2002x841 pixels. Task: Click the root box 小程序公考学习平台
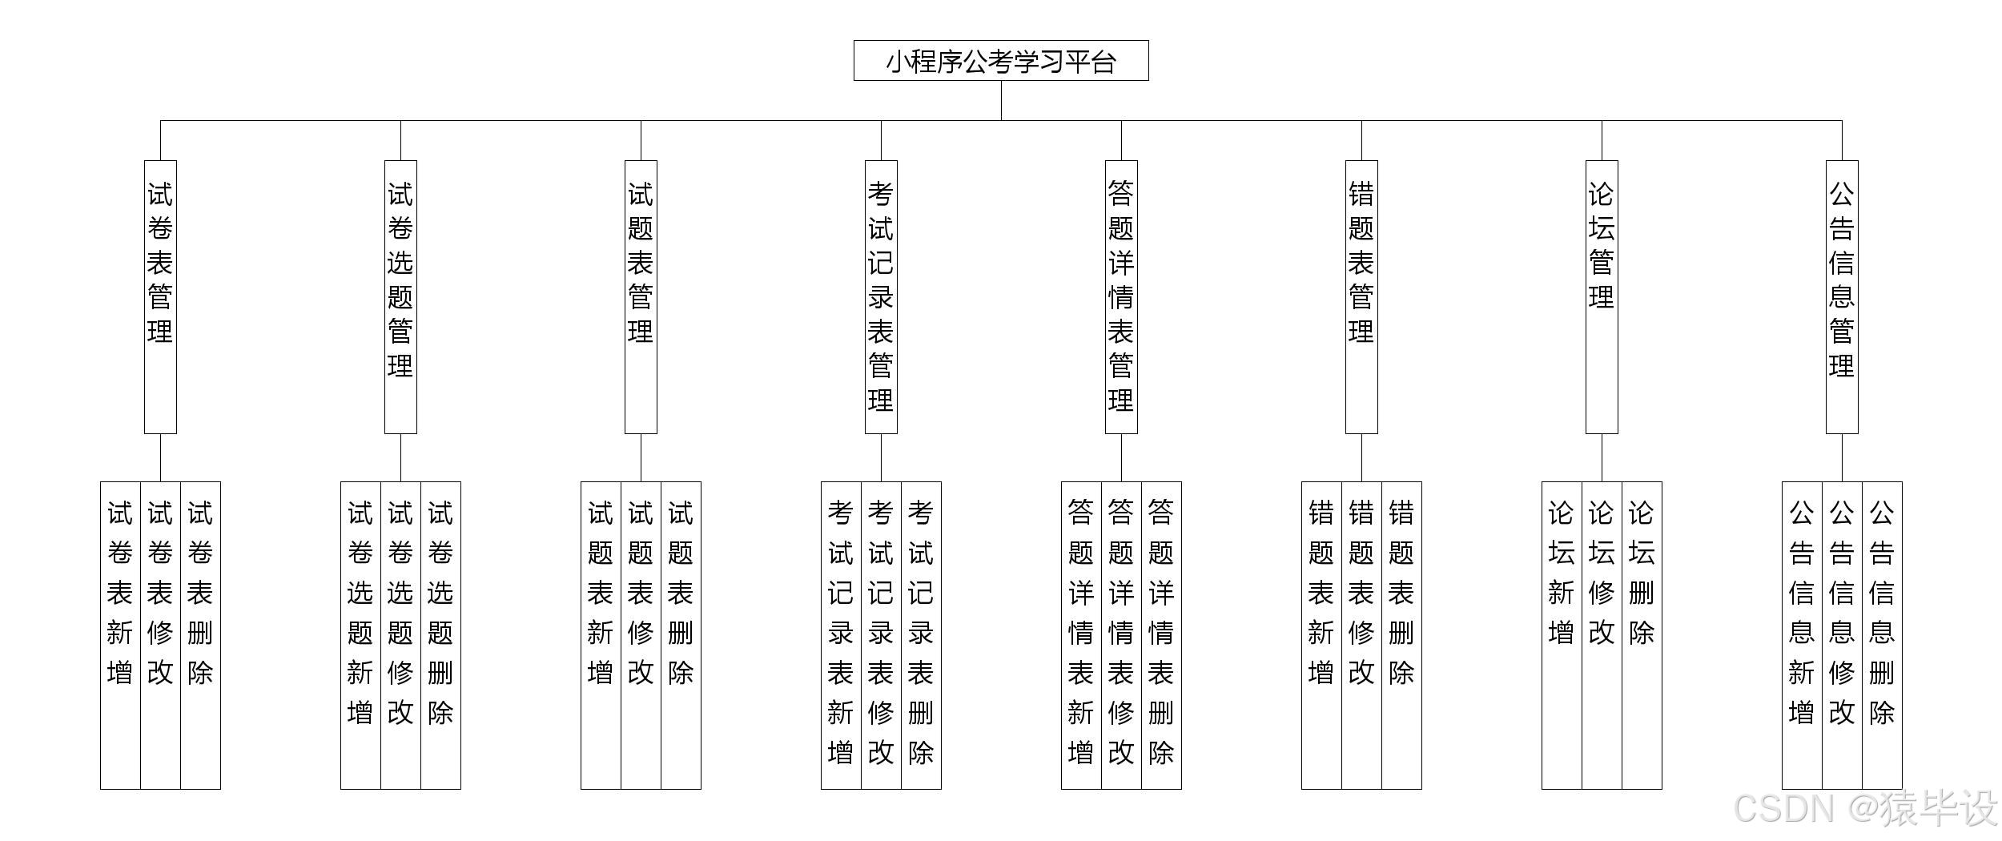click(x=1001, y=61)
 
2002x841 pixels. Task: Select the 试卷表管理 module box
click(x=160, y=296)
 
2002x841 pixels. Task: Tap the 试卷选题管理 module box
click(x=400, y=296)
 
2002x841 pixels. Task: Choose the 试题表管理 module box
click(x=641, y=296)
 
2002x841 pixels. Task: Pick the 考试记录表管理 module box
click(x=881, y=296)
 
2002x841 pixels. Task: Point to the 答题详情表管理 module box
click(x=1121, y=296)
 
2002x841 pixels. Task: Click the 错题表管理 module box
click(x=1361, y=296)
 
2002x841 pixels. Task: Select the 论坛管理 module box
click(x=1602, y=296)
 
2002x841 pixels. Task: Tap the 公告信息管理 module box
click(x=1842, y=296)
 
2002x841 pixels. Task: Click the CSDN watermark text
click(x=1866, y=809)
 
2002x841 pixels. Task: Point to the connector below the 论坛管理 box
click(x=1602, y=457)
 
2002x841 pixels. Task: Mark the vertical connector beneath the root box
click(x=1001, y=100)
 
